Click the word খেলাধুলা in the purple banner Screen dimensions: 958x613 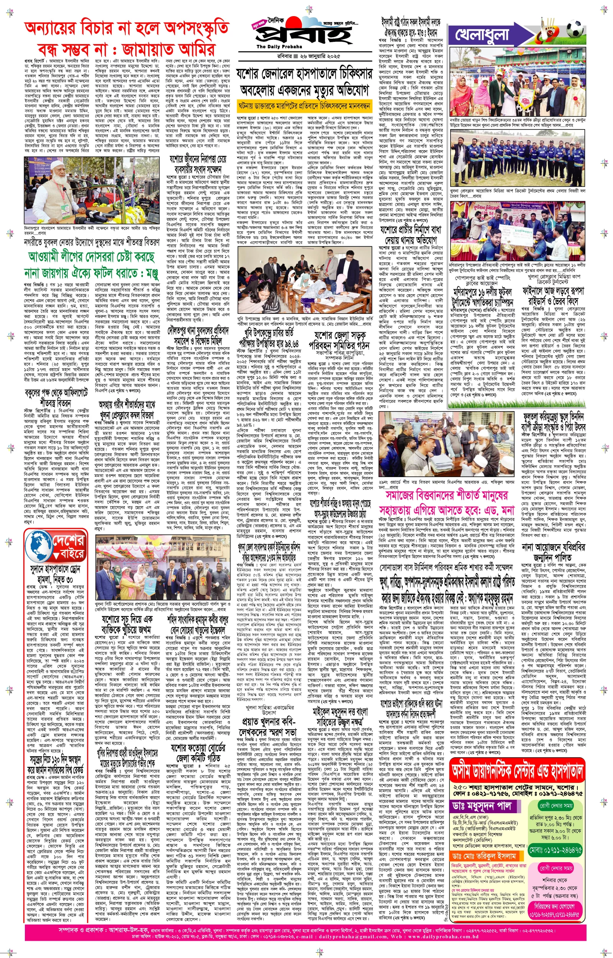point(482,35)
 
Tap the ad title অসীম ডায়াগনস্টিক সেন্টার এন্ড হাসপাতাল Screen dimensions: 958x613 point(518,771)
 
